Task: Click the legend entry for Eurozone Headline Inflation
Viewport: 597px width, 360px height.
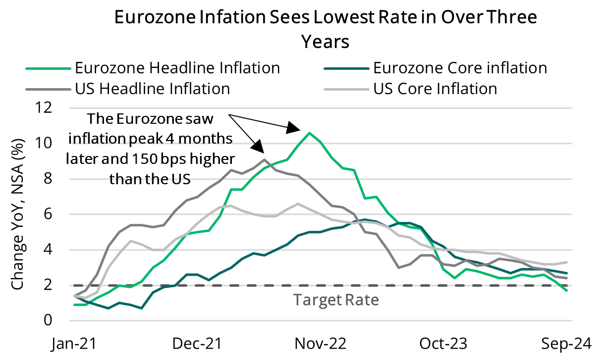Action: click(177, 67)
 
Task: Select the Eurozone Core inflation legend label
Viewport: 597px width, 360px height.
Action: click(460, 67)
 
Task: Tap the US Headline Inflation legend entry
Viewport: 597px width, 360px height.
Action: click(152, 89)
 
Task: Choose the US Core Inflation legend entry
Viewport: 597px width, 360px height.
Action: click(434, 89)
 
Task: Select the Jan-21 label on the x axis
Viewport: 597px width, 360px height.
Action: click(74, 343)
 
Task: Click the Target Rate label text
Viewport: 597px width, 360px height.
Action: click(335, 300)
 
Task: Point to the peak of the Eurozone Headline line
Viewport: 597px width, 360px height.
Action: click(310, 133)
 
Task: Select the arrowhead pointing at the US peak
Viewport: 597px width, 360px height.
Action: click(258, 147)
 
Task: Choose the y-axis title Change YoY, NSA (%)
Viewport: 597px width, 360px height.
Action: click(18, 214)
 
